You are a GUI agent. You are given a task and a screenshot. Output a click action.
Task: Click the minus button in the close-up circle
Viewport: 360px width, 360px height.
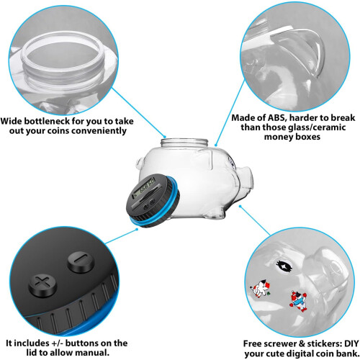tap(80, 262)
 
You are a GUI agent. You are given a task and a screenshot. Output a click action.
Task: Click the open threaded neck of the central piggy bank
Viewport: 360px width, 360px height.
tap(184, 143)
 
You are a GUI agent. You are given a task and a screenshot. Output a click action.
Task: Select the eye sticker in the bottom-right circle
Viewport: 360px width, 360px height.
tap(284, 266)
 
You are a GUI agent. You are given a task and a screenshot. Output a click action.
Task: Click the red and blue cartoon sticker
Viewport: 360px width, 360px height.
tap(298, 301)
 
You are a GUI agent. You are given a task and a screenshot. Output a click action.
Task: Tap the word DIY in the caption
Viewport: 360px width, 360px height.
tap(351, 343)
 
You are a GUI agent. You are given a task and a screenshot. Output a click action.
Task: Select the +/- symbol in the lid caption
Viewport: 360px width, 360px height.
tap(58, 343)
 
